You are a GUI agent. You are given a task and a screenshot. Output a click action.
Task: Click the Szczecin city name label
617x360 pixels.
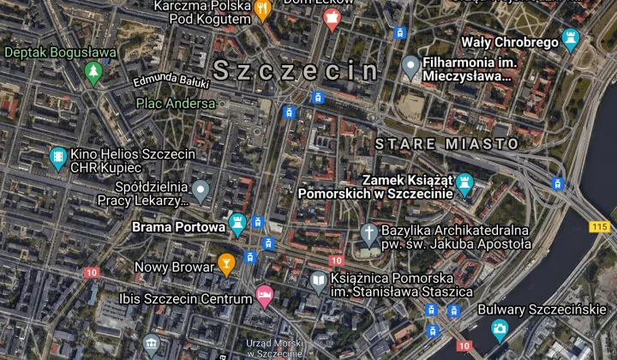(x=295, y=71)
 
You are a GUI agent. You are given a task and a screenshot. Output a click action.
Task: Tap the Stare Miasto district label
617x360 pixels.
(x=447, y=143)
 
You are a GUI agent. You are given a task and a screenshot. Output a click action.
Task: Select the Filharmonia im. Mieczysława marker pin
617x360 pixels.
(x=411, y=66)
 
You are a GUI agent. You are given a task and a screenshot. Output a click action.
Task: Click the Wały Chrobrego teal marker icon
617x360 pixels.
(x=570, y=39)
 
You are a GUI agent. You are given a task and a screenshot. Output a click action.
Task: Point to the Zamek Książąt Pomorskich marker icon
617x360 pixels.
(x=465, y=183)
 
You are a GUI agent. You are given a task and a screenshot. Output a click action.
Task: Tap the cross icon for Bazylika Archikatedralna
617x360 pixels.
(x=368, y=233)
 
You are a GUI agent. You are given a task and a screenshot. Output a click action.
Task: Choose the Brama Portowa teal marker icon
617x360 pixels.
(x=237, y=225)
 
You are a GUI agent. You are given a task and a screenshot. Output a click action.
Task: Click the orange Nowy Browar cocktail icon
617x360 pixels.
(x=226, y=262)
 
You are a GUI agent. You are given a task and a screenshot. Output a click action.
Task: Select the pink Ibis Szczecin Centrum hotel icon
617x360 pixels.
(x=265, y=296)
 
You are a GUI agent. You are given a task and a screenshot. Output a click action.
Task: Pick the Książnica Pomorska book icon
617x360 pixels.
(x=319, y=279)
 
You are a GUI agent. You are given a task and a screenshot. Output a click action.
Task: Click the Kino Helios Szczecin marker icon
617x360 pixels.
(x=58, y=157)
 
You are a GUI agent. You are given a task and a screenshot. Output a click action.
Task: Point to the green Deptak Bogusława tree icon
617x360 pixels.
(x=94, y=72)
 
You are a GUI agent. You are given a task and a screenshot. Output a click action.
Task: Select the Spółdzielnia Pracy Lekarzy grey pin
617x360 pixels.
(x=201, y=189)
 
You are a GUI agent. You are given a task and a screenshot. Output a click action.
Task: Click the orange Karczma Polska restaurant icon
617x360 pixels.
(x=263, y=9)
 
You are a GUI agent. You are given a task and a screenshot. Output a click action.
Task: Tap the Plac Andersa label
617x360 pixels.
(x=176, y=104)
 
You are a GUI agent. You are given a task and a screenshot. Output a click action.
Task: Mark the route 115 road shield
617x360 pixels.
(x=599, y=226)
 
